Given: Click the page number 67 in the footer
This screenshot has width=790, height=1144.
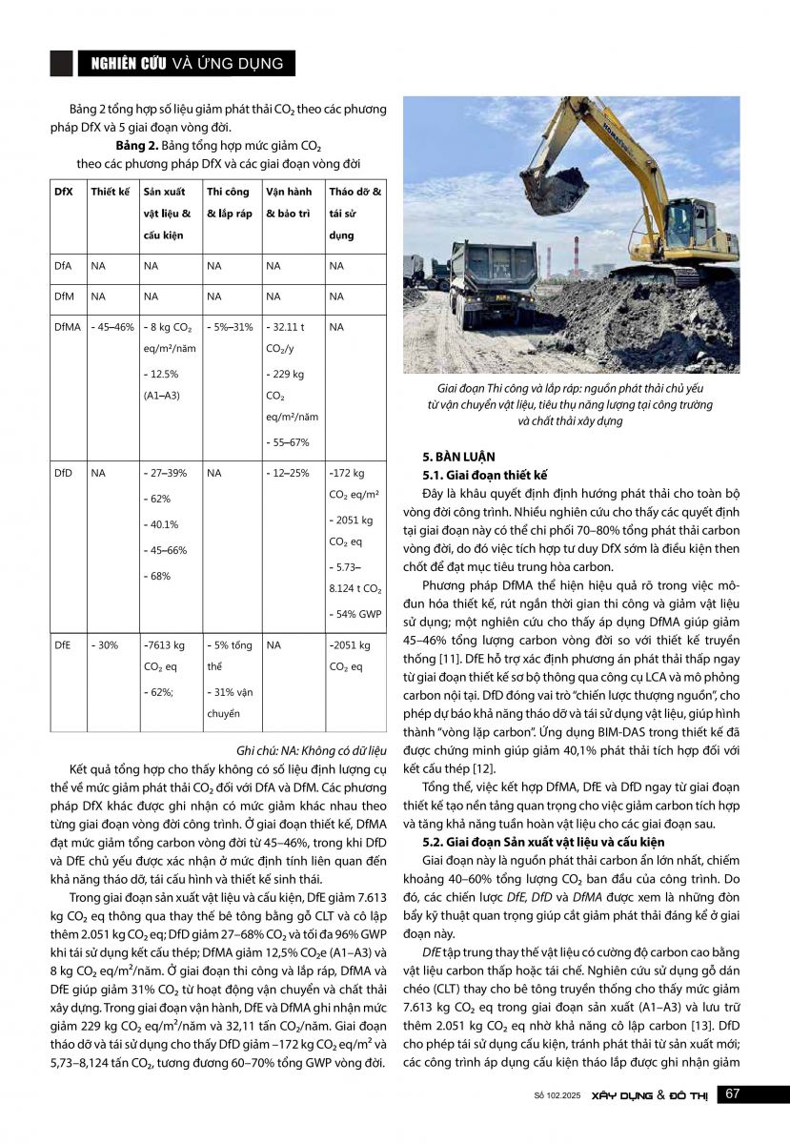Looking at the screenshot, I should click(x=733, y=1093).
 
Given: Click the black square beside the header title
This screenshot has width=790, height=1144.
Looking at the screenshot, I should click(x=61, y=63).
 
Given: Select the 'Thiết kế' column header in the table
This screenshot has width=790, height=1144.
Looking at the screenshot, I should click(x=110, y=192).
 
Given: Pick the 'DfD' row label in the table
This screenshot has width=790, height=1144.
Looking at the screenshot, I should click(x=63, y=473).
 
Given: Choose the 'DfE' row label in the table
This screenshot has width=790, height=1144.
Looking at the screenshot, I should click(x=63, y=645).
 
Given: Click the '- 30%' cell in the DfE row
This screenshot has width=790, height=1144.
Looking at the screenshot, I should click(x=104, y=645).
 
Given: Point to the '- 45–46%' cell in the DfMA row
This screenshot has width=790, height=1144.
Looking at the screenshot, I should click(x=111, y=327).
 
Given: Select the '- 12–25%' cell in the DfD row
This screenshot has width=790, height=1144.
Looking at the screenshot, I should click(x=287, y=473).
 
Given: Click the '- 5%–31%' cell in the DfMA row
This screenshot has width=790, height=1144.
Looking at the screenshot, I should click(x=229, y=327).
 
